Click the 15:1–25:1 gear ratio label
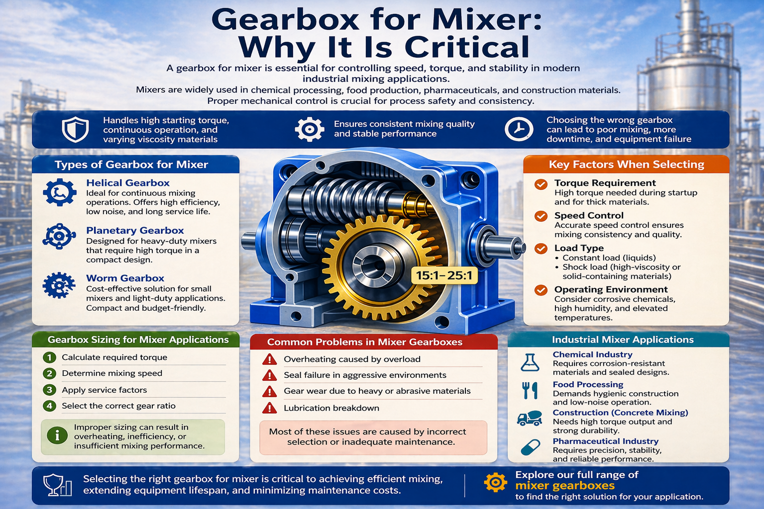click(x=444, y=275)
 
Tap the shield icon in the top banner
click(x=75, y=130)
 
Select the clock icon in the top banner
click(x=519, y=129)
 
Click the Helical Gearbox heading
click(x=128, y=183)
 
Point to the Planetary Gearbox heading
click(x=135, y=231)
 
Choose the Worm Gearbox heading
click(x=125, y=278)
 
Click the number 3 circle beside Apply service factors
click(x=49, y=390)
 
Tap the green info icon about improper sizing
click(x=57, y=436)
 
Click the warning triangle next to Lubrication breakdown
click(x=269, y=408)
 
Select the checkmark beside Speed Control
click(x=541, y=216)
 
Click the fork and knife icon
click(x=530, y=391)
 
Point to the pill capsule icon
click(x=530, y=447)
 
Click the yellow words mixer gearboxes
click(x=565, y=486)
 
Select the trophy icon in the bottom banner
click(x=57, y=485)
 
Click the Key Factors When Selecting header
click(x=626, y=165)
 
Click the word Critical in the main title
click(x=467, y=47)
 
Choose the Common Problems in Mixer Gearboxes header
click(x=365, y=342)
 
